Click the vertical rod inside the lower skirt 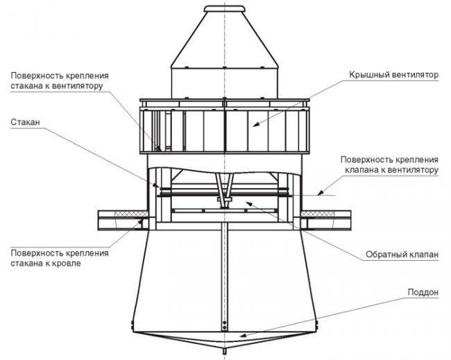coord(224,277)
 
